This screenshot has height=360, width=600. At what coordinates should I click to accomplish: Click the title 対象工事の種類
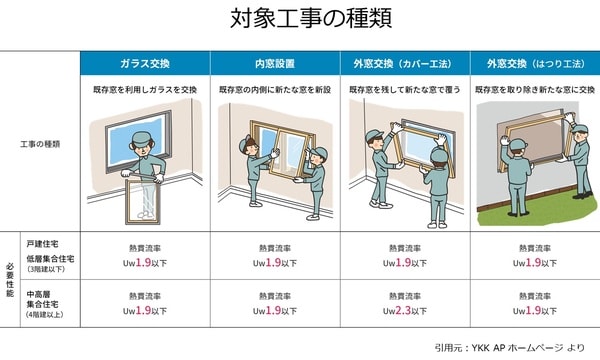tap(311, 18)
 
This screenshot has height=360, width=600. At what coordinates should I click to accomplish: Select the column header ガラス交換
tap(145, 63)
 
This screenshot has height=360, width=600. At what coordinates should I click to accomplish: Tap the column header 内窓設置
tap(275, 63)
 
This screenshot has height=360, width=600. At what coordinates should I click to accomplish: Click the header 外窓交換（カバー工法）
tap(405, 63)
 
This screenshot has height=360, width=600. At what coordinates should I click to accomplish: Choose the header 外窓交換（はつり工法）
tap(535, 63)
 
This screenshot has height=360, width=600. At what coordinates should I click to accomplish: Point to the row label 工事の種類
tap(40, 144)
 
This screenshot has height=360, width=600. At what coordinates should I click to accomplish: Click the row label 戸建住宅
tap(42, 244)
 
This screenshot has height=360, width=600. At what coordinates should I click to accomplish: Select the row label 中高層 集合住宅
tap(42, 299)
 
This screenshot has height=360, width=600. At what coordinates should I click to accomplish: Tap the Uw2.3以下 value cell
tap(405, 310)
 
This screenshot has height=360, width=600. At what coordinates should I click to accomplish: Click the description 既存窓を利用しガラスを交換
tap(145, 90)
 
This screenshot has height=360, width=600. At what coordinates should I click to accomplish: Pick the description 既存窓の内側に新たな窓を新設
tap(275, 90)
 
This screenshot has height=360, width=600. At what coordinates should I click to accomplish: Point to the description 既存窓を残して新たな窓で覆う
tap(405, 90)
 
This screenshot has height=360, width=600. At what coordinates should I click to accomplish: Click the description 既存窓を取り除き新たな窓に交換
tap(535, 90)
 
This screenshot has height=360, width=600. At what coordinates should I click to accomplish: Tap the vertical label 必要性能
tap(10, 280)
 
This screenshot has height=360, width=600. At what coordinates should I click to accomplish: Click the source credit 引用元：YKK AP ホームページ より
tap(510, 347)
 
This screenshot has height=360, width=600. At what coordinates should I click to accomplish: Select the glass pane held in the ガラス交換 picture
tap(142, 202)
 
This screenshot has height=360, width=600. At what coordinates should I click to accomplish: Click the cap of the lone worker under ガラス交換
tap(141, 138)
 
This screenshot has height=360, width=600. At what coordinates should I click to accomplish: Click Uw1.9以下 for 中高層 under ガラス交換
tap(145, 310)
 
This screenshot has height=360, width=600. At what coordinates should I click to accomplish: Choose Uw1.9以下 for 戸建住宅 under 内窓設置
tap(275, 262)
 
